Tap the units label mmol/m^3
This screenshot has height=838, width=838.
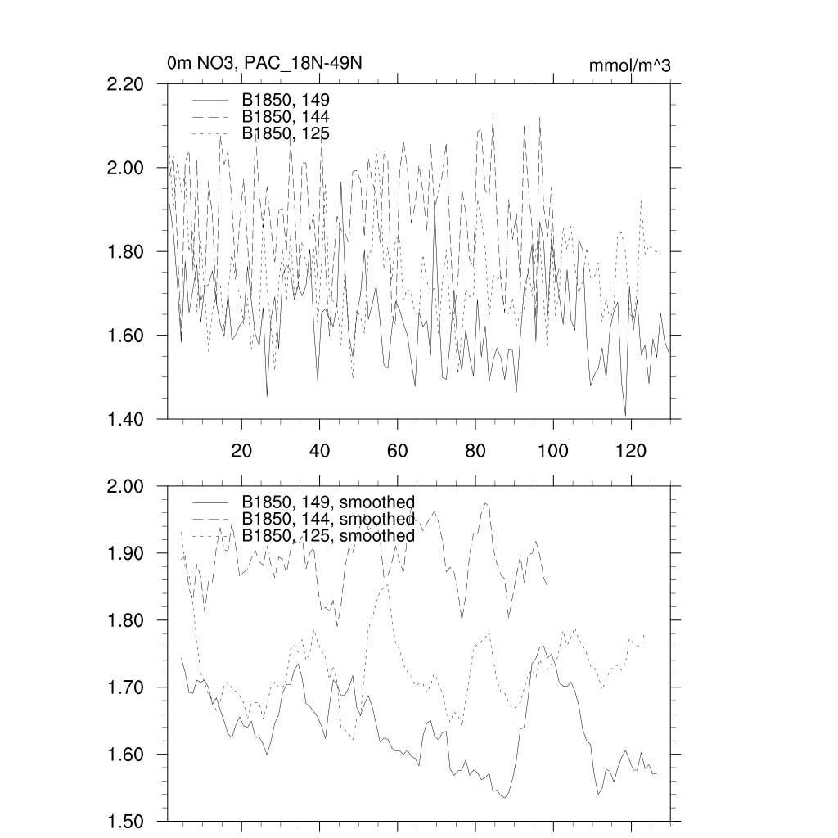tap(629, 65)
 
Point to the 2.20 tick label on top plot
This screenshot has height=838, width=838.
tap(126, 84)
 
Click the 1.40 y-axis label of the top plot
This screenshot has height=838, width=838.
tap(126, 419)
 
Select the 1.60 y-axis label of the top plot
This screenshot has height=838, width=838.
tap(126, 336)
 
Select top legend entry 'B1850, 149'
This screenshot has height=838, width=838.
tap(285, 100)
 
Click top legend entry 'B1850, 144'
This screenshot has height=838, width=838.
tap(285, 116)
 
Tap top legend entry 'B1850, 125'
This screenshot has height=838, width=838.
tap(285, 133)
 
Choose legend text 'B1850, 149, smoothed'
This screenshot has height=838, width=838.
tap(327, 502)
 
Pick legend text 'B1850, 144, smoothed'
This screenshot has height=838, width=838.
tap(327, 519)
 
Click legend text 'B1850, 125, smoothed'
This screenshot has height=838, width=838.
tap(327, 536)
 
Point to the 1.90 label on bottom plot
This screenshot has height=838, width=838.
tap(126, 553)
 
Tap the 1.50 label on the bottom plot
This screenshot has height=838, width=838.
tap(126, 821)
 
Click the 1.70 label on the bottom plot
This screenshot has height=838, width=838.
tap(126, 687)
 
